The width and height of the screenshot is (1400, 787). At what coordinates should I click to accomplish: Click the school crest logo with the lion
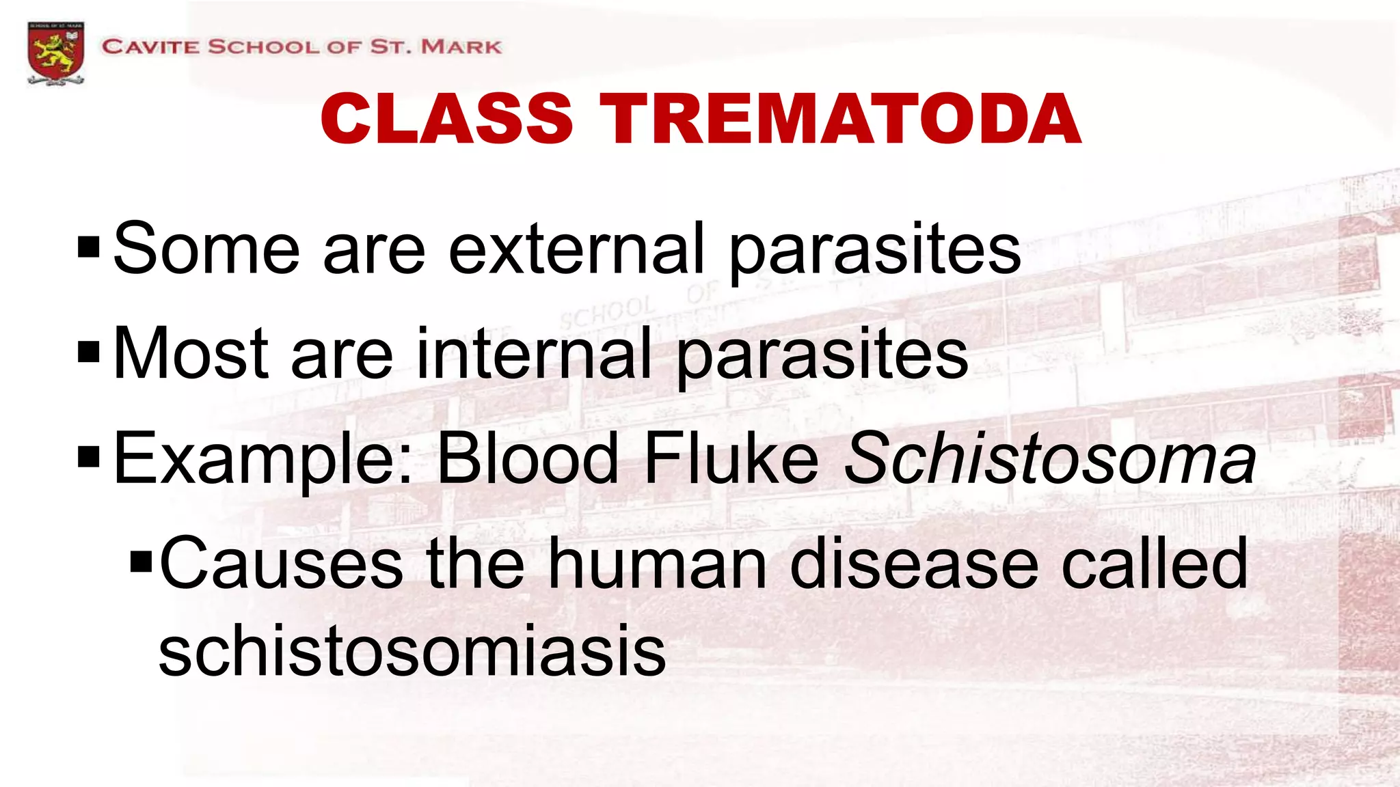(56, 53)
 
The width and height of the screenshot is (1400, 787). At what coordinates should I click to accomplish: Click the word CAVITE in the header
(151, 47)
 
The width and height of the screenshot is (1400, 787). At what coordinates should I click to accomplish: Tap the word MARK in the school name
(461, 47)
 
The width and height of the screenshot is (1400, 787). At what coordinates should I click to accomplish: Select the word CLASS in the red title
(446, 120)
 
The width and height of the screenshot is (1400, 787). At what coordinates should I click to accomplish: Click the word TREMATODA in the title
(840, 120)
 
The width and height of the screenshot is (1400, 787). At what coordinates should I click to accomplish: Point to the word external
(576, 249)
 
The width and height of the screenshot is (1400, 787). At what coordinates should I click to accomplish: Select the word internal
(534, 354)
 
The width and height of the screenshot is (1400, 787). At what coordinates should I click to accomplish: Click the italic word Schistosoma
(1049, 458)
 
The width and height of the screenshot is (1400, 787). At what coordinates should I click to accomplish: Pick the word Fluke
(731, 458)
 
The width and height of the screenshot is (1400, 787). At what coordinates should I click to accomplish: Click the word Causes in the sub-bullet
(281, 564)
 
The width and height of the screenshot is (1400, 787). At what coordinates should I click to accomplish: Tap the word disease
(914, 564)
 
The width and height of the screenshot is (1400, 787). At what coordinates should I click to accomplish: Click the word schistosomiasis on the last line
(412, 652)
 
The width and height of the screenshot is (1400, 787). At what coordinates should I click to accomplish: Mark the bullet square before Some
(89, 248)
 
